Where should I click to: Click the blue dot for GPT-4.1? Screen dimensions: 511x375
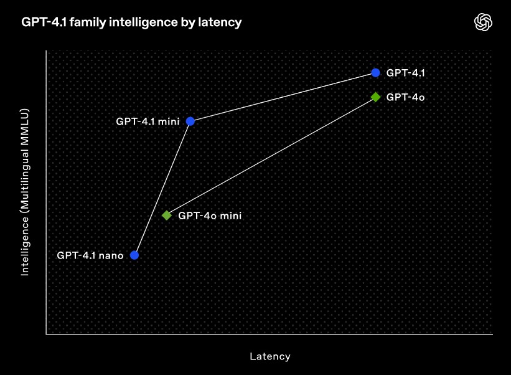coord(375,73)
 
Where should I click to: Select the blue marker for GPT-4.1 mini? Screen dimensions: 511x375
coord(190,121)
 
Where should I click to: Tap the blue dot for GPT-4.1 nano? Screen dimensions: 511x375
coord(134,255)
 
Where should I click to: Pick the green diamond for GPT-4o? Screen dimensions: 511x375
coord(375,97)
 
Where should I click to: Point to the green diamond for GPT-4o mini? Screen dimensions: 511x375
coord(167,215)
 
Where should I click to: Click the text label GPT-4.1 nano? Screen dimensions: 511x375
coord(90,255)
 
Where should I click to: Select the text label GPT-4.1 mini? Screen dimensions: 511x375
coord(148,121)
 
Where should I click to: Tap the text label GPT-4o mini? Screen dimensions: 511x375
coord(210,216)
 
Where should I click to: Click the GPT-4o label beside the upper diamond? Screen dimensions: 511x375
coord(405,97)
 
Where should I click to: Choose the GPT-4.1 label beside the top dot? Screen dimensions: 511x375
coord(405,73)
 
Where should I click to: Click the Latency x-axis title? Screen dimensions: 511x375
coord(270,356)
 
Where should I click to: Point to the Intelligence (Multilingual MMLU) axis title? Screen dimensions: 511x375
coord(25,192)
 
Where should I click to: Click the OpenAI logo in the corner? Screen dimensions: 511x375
coord(483,22)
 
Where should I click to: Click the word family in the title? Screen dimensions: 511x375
coord(88,22)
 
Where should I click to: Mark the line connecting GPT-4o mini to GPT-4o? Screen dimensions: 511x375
coord(271,156)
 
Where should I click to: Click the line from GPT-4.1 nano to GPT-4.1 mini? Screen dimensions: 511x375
coord(162,188)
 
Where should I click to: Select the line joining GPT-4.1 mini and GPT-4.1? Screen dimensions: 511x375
coord(283,97)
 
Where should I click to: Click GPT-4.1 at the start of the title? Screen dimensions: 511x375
coord(44,22)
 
